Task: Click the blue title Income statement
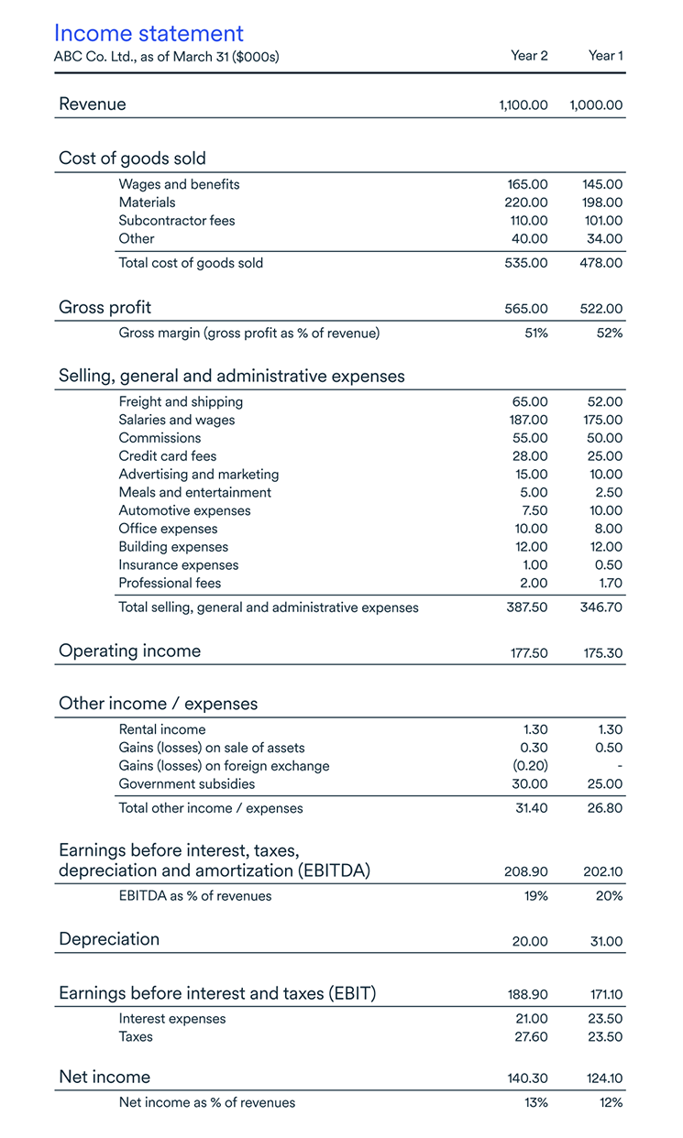pos(149,34)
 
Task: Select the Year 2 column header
pos(529,56)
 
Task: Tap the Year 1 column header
pos(605,56)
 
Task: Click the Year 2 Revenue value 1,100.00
pos(523,105)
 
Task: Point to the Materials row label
pos(147,202)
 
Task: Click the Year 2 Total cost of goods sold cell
pos(526,263)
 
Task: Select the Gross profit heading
pos(105,308)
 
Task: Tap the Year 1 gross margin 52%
pos(609,334)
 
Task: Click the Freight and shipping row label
pos(181,402)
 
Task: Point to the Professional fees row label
pos(170,584)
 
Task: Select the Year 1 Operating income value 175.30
pos(602,653)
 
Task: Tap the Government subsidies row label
pos(187,784)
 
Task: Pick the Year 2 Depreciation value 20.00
pos(528,942)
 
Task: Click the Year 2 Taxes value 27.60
pos(529,1037)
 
